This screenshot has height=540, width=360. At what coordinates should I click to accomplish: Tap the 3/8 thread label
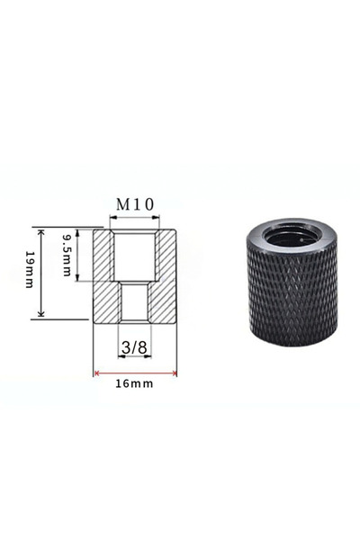[x=135, y=346]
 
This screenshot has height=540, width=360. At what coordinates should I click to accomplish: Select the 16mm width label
[x=135, y=383]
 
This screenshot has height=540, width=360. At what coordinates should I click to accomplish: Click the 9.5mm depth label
[x=67, y=255]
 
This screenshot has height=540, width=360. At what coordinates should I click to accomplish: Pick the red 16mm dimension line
[x=135, y=372]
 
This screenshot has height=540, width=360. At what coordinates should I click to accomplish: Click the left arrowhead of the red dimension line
[x=96, y=372]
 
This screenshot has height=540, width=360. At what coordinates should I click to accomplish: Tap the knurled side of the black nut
[x=292, y=297]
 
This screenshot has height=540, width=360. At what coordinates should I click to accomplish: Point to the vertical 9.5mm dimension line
[x=79, y=255]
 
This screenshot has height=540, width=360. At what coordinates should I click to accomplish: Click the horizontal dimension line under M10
[x=136, y=217]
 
